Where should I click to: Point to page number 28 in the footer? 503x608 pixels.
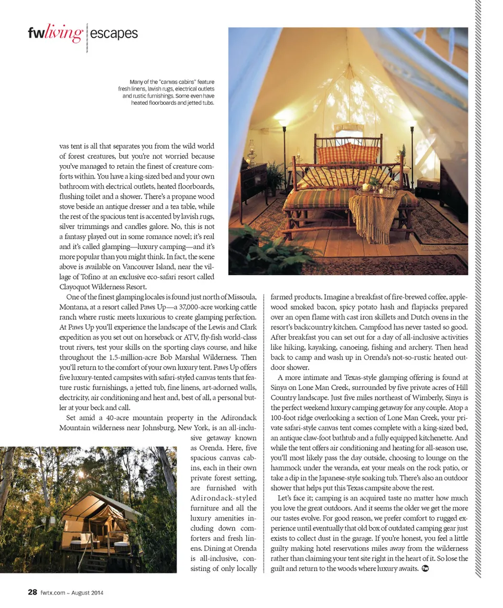[x=32, y=592]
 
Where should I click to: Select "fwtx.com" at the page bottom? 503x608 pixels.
[x=52, y=593]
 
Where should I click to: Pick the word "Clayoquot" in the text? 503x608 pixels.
[x=78, y=287]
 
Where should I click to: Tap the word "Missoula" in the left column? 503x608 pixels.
[x=240, y=297]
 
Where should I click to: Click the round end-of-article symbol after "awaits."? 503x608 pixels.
[x=425, y=569]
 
